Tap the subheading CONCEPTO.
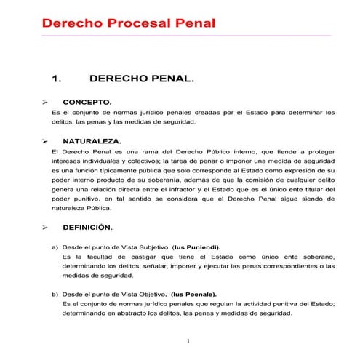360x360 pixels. point(87,103)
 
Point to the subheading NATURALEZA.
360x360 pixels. point(92,140)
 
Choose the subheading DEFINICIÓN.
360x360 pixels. point(87,228)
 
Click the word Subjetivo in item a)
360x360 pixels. point(146,247)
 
